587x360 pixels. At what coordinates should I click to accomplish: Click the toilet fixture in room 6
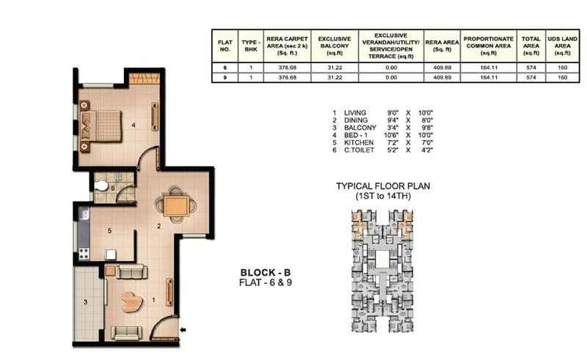(101, 183)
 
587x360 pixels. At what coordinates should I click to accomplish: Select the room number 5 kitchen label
(109, 231)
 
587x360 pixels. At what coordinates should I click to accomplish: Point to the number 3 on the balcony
(84, 301)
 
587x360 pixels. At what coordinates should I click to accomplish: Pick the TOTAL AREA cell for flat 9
(531, 76)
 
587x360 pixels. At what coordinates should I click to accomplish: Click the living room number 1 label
(152, 299)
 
